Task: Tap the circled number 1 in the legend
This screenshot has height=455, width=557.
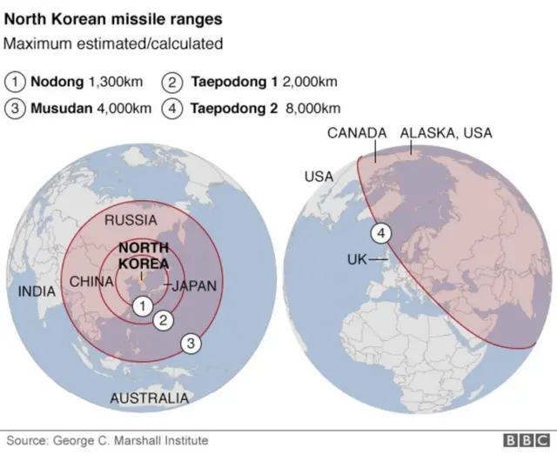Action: [x=16, y=83]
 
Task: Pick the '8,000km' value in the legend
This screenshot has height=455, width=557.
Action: [x=313, y=109]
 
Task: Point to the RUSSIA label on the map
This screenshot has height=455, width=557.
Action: [x=131, y=221]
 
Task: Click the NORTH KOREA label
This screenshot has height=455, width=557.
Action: [x=144, y=255]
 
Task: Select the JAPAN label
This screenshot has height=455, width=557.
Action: [x=194, y=285]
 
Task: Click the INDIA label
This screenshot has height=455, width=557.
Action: [x=37, y=291]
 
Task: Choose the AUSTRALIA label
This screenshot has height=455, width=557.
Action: [x=149, y=398]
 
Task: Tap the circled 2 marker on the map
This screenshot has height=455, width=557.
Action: [x=163, y=320]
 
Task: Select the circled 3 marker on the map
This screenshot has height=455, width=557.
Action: [x=191, y=344]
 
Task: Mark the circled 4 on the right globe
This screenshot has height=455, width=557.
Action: [x=381, y=233]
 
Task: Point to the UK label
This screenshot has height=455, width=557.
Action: [x=357, y=259]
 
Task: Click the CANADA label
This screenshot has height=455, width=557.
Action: [x=357, y=133]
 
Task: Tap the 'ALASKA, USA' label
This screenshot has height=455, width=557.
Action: [x=446, y=133]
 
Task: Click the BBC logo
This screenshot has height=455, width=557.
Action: [x=521, y=441]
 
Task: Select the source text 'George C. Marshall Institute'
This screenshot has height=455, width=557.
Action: [x=131, y=441]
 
